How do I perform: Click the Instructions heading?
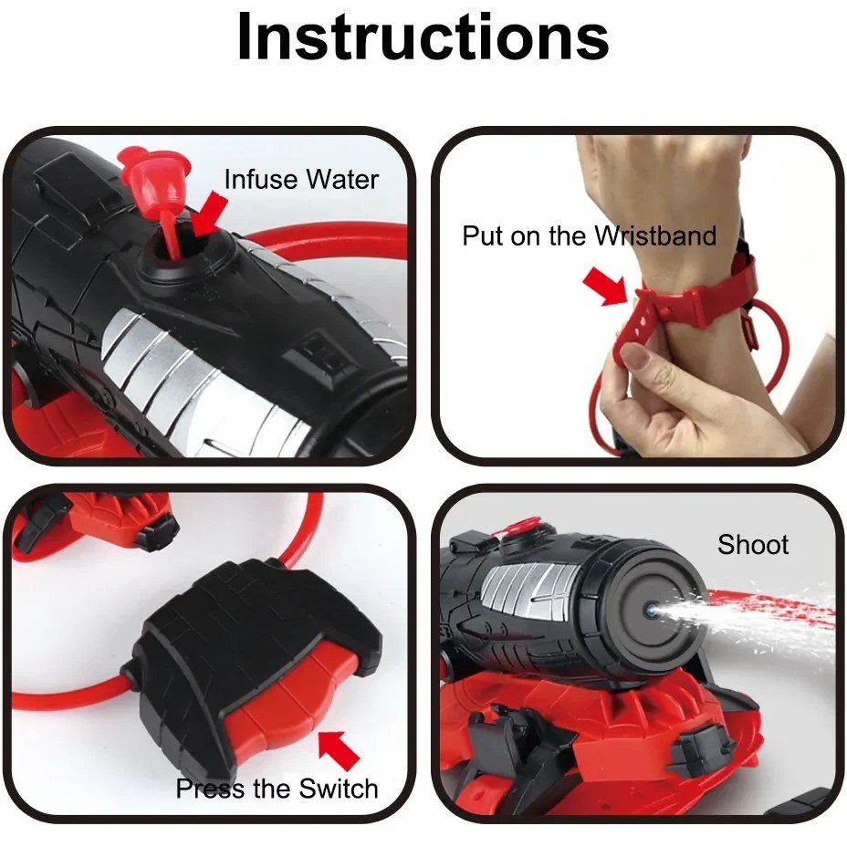point(423,37)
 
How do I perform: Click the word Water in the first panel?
point(341,179)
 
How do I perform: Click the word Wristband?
point(655,235)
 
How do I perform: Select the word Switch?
point(338,789)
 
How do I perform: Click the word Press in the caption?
point(211,789)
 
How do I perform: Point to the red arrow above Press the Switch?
point(339,748)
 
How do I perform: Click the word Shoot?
point(752,545)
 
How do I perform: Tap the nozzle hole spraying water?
point(650,611)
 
